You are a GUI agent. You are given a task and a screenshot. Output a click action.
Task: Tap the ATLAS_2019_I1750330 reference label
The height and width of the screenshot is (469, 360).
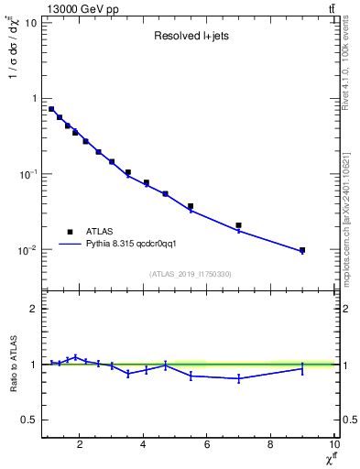(x=191, y=274)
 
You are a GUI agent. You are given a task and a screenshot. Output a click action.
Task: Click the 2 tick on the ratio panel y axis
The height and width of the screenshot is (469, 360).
(x=33, y=309)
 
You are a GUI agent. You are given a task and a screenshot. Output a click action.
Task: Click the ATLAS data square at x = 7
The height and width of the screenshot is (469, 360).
(x=238, y=225)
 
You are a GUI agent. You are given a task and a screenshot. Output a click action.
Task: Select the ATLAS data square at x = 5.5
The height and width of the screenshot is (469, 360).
(x=191, y=206)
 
